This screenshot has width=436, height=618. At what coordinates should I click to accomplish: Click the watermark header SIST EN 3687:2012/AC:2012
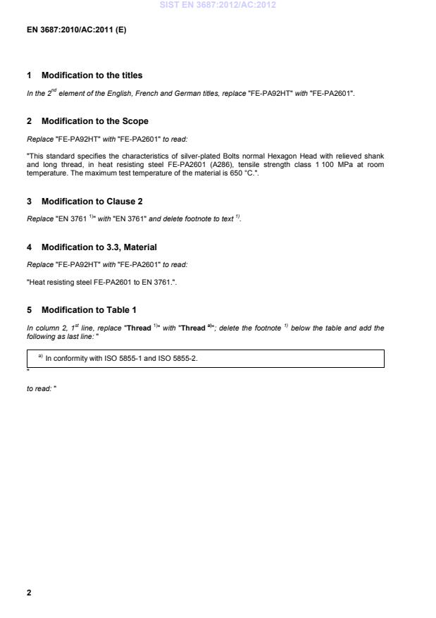coord(218,5)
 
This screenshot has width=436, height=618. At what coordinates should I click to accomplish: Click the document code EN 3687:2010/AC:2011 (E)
coord(76,30)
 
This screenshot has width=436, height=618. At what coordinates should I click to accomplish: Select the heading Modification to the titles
coord(92,75)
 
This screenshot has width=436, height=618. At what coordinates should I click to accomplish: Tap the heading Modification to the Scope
coord(95,121)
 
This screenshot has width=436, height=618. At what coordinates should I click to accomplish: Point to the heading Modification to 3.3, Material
coord(99,247)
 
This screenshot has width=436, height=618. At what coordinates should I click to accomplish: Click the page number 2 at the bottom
coord(29,593)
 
